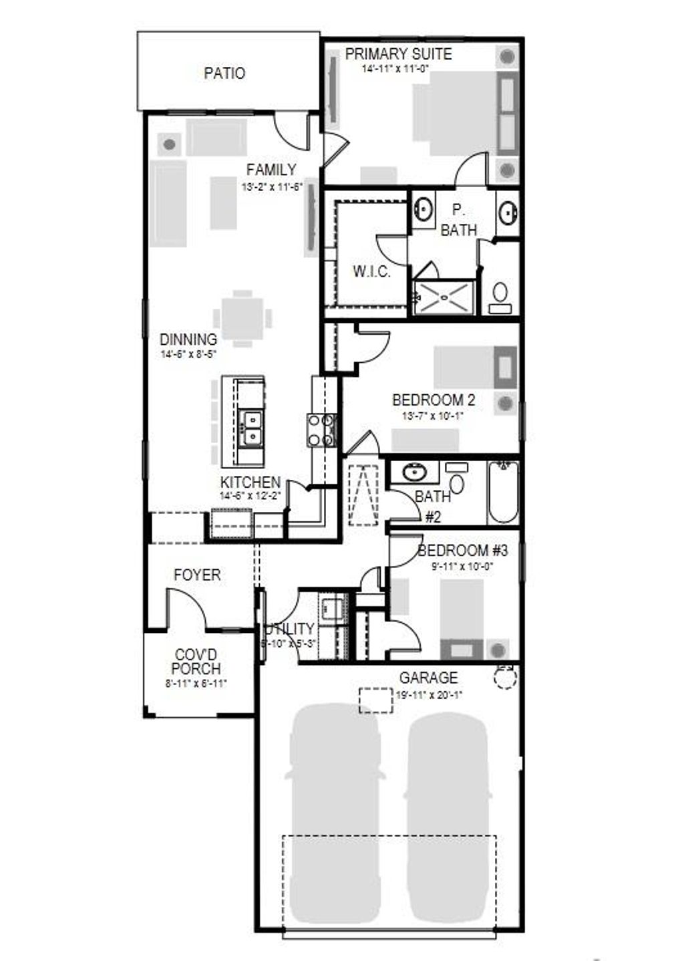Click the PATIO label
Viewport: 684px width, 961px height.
(224, 73)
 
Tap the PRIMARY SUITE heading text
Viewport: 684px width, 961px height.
(398, 54)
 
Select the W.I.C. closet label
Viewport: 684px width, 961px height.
(371, 272)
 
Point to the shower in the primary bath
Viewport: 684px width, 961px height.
(444, 297)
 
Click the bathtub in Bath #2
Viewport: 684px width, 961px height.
(502, 493)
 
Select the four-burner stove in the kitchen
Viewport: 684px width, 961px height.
(321, 430)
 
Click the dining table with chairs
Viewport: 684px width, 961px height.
(243, 318)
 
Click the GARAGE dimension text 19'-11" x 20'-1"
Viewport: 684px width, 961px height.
(429, 694)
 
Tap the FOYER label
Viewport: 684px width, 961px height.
(197, 575)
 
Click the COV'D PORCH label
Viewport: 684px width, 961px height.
(196, 662)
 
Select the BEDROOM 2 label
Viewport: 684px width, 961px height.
(434, 400)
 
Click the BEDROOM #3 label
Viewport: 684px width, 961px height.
(463, 551)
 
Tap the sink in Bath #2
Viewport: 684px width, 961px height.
(414, 473)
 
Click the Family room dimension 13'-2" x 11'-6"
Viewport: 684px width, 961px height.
(271, 188)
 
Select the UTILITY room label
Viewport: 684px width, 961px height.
(289, 629)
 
